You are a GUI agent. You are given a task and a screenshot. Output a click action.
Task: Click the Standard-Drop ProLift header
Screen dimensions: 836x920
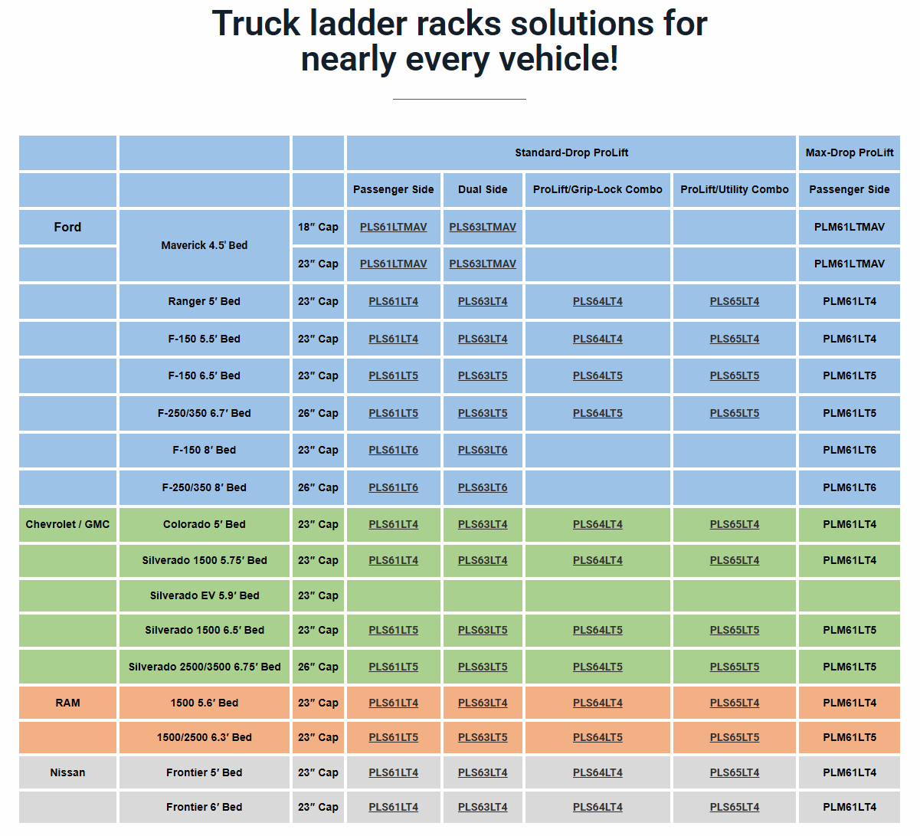pyautogui.click(x=571, y=153)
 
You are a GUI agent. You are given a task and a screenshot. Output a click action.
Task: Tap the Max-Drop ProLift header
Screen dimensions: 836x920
pyautogui.click(x=849, y=153)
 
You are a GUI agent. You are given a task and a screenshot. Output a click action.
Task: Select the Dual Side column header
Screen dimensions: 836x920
pyautogui.click(x=483, y=190)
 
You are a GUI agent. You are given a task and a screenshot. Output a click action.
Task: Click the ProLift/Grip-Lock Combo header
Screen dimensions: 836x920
pyautogui.click(x=598, y=190)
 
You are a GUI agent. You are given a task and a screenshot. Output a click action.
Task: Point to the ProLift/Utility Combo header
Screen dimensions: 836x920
pyautogui.click(x=734, y=190)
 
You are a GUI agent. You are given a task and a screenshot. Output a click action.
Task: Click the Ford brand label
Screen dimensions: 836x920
pyautogui.click(x=67, y=228)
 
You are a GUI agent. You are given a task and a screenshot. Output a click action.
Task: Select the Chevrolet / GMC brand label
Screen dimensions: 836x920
pyautogui.click(x=67, y=525)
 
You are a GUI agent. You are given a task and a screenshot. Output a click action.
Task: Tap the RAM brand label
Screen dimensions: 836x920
pyautogui.click(x=67, y=703)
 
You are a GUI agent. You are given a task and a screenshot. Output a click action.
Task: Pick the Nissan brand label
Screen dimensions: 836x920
pyautogui.click(x=67, y=773)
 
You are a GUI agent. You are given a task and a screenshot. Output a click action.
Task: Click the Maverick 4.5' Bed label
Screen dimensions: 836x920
pyautogui.click(x=204, y=246)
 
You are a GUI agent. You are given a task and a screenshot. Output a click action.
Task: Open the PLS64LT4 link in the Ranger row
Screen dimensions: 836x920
pyautogui.click(x=598, y=302)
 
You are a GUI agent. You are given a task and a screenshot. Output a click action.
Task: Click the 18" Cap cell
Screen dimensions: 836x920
pyautogui.click(x=318, y=228)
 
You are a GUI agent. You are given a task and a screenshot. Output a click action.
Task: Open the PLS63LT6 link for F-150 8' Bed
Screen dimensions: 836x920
pyautogui.click(x=483, y=451)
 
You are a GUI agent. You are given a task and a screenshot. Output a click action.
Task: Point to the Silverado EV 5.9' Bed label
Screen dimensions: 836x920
pyautogui.click(x=204, y=596)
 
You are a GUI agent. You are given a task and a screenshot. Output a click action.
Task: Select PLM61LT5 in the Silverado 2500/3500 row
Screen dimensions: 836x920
pyautogui.click(x=849, y=667)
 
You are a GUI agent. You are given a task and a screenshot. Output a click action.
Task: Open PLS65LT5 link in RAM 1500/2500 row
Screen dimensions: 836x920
pyautogui.click(x=734, y=738)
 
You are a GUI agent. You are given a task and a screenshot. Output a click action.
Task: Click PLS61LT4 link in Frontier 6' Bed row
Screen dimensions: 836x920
pyautogui.click(x=393, y=808)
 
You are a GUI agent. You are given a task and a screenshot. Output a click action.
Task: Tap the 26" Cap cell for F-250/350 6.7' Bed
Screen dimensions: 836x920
pyautogui.click(x=318, y=414)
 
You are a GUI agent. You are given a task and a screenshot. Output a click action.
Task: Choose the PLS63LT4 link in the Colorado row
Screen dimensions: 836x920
pyautogui.click(x=483, y=525)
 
